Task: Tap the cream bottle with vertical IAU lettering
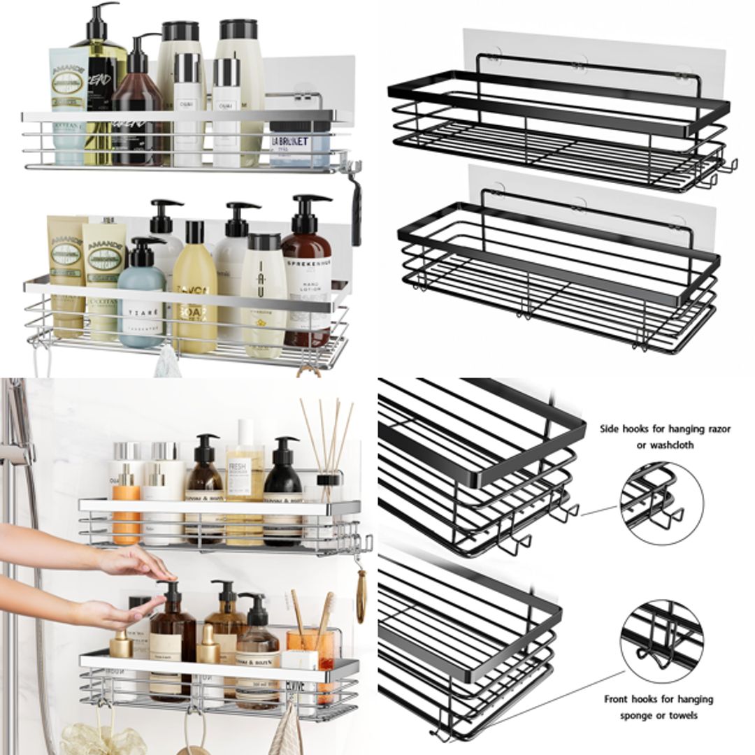pyautogui.click(x=264, y=294)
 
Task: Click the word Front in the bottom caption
pyautogui.click(x=618, y=699)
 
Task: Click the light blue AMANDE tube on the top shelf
pyautogui.click(x=69, y=105)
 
